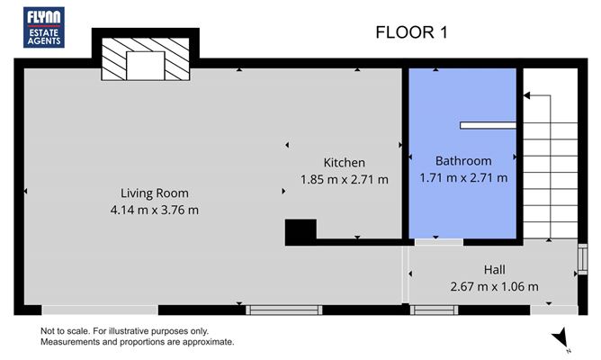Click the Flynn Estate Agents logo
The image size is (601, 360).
[44, 27]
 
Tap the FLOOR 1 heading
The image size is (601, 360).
[411, 32]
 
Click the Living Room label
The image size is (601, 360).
[155, 193]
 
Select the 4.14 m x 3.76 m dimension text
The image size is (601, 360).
[155, 210]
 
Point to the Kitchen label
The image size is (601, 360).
[345, 163]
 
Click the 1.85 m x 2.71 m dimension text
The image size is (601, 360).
[345, 179]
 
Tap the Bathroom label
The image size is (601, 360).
[463, 160]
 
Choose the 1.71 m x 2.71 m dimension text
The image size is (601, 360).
[463, 177]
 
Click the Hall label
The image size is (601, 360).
[495, 269]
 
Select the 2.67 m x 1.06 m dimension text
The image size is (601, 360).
[495, 286]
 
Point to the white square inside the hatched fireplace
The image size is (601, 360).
[145, 66]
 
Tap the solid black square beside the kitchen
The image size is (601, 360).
[300, 229]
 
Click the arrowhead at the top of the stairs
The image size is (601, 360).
[526, 95]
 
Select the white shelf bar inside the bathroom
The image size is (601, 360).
[488, 125]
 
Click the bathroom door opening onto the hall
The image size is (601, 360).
[439, 242]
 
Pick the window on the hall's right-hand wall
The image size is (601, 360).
[582, 259]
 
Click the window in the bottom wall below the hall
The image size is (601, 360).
[434, 310]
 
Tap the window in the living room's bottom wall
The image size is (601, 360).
[283, 310]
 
